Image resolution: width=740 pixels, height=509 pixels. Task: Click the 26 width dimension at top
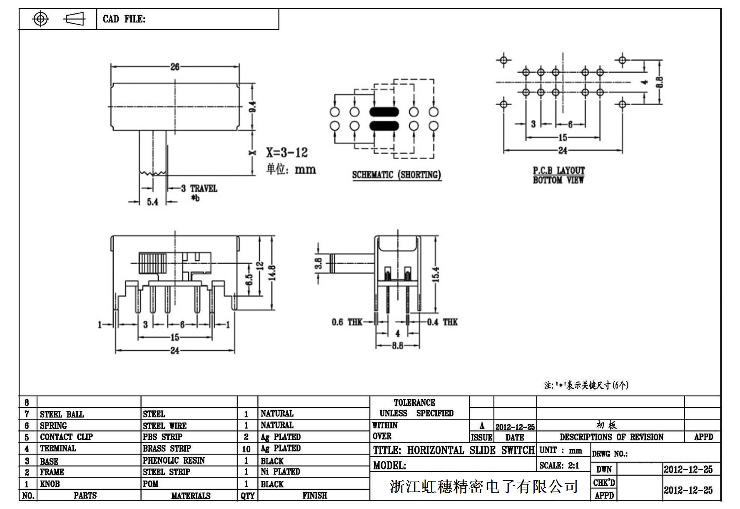(174, 67)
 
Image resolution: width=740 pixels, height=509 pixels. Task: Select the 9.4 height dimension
(252, 107)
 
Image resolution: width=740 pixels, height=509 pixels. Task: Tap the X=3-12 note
(287, 153)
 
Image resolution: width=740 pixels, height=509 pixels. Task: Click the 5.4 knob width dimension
(152, 202)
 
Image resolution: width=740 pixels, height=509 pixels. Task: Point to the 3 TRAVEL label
(199, 189)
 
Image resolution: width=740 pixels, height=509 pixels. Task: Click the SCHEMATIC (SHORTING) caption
(396, 175)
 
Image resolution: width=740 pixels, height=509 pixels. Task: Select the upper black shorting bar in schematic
(384, 112)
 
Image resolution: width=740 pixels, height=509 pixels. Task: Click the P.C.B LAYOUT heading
(559, 170)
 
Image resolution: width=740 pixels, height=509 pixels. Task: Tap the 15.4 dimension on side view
(436, 274)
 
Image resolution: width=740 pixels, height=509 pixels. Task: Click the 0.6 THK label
(347, 322)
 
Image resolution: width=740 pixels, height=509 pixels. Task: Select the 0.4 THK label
(442, 322)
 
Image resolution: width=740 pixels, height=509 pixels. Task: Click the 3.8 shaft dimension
(319, 263)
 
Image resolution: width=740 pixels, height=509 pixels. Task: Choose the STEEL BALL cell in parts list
(62, 414)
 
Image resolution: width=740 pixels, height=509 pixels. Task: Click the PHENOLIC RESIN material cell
(174, 460)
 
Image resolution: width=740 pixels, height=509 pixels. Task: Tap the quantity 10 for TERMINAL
(246, 449)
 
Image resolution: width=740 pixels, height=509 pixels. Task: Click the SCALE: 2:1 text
(559, 466)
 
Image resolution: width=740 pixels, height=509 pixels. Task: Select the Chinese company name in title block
(483, 486)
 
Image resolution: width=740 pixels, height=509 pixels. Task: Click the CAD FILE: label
(124, 19)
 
